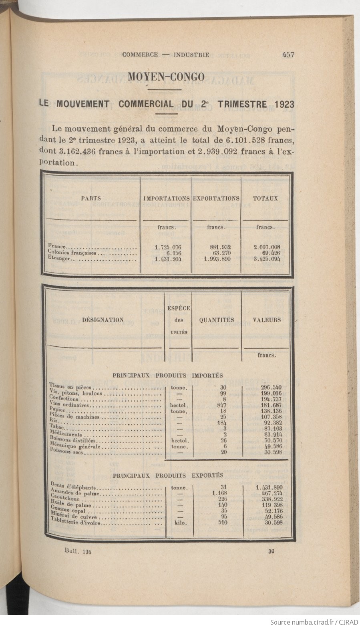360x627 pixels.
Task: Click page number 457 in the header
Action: click(x=288, y=55)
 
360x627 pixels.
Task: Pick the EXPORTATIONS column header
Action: click(x=216, y=198)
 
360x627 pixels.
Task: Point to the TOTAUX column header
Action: click(x=265, y=198)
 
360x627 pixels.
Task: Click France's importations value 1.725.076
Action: click(x=168, y=247)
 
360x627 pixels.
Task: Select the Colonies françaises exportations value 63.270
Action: click(x=220, y=253)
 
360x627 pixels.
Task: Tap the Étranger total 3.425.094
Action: click(x=267, y=259)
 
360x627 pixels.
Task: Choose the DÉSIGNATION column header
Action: click(x=103, y=320)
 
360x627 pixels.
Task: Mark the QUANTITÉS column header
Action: click(x=216, y=320)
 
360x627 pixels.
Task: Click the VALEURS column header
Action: click(x=267, y=320)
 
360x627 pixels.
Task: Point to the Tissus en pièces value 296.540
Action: click(x=271, y=388)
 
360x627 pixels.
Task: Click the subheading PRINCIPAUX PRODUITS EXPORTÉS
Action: click(x=168, y=476)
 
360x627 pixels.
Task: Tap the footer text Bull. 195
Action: click(x=78, y=551)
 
